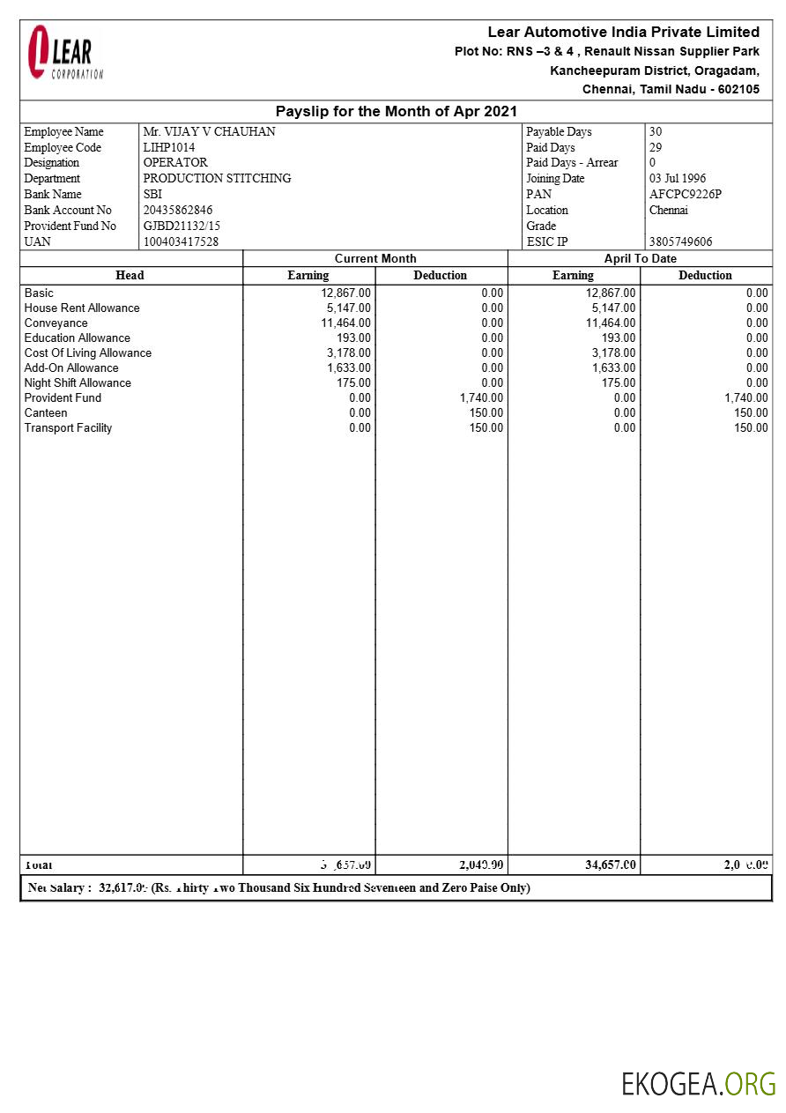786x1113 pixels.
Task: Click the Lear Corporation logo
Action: point(64,53)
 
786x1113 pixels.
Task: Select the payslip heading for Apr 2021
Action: point(396,111)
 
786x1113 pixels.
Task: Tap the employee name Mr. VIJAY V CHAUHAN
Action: point(209,131)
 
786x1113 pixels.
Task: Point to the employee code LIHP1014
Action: point(169,147)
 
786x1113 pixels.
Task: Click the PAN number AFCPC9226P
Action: point(685,194)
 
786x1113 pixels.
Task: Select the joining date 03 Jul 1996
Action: point(677,178)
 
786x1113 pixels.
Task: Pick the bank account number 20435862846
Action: point(178,210)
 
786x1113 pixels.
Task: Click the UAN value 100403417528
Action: point(181,241)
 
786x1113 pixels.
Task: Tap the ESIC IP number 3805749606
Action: point(680,241)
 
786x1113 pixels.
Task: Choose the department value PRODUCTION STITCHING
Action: point(217,178)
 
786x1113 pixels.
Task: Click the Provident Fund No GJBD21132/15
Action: point(182,226)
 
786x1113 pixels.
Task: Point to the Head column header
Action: point(130,275)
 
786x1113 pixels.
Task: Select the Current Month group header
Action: point(375,258)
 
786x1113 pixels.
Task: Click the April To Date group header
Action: point(640,258)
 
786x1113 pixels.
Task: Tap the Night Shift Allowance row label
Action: point(78,382)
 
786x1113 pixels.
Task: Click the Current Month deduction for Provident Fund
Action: point(481,397)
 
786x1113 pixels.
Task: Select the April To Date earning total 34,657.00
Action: point(610,864)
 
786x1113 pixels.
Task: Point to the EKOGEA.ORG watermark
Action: point(698,1083)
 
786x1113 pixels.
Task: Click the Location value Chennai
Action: point(670,210)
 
